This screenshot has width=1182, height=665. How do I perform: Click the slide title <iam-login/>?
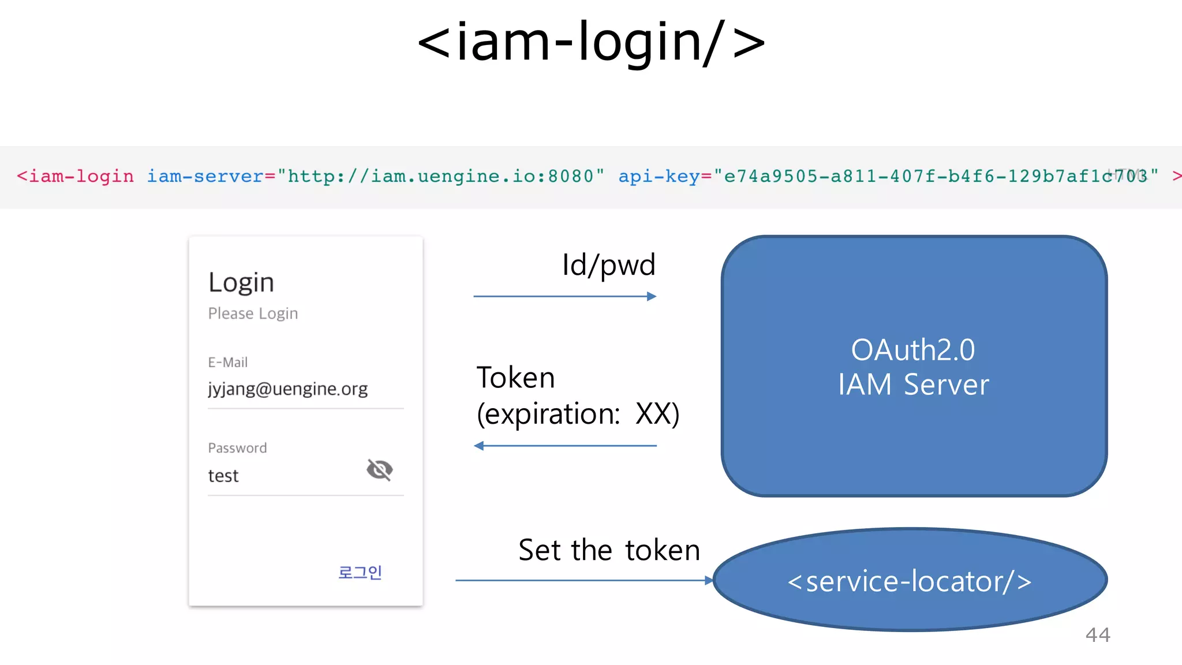(x=591, y=42)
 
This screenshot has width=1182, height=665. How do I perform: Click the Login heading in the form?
(x=241, y=283)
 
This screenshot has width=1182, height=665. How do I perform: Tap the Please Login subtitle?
(x=253, y=313)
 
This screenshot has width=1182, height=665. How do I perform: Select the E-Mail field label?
(x=227, y=363)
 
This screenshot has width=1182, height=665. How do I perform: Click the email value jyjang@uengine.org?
(x=287, y=389)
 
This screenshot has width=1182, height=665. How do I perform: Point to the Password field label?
(x=237, y=448)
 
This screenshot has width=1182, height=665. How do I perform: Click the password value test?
(x=223, y=476)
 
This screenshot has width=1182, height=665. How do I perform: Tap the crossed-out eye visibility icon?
(x=379, y=470)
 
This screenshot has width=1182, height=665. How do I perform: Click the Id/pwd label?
(x=608, y=265)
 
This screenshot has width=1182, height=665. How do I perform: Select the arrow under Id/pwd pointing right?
(x=564, y=297)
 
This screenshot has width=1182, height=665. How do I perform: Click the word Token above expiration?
(x=515, y=378)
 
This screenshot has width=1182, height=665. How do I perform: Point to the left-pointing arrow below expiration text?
(x=564, y=446)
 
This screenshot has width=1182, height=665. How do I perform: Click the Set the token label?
(x=609, y=550)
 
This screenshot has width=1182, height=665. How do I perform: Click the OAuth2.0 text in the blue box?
(x=913, y=350)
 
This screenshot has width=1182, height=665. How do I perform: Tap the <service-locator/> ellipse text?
(x=910, y=581)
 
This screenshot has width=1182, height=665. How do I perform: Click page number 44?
(x=1097, y=635)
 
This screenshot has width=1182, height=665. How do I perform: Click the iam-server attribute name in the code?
(x=205, y=176)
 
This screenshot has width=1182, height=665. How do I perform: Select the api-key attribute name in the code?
(x=659, y=176)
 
